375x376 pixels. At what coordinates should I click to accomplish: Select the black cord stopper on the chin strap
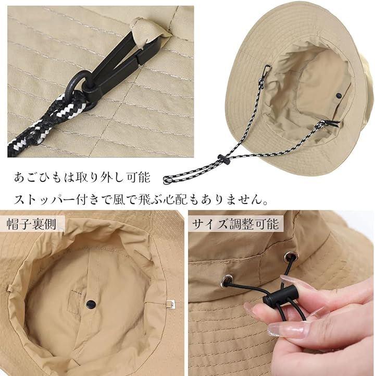click(224, 160)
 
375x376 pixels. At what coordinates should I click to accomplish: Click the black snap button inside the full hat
click(339, 95)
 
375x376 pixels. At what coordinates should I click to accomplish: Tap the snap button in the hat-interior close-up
click(91, 304)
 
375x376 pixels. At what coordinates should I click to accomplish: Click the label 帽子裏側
click(31, 224)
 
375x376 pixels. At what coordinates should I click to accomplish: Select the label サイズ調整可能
click(235, 224)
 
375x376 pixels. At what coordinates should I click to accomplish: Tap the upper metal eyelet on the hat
click(289, 257)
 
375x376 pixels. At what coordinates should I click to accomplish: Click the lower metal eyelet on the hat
click(227, 281)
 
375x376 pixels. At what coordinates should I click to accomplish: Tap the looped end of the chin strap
click(168, 180)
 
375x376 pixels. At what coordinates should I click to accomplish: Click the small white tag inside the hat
click(170, 304)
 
